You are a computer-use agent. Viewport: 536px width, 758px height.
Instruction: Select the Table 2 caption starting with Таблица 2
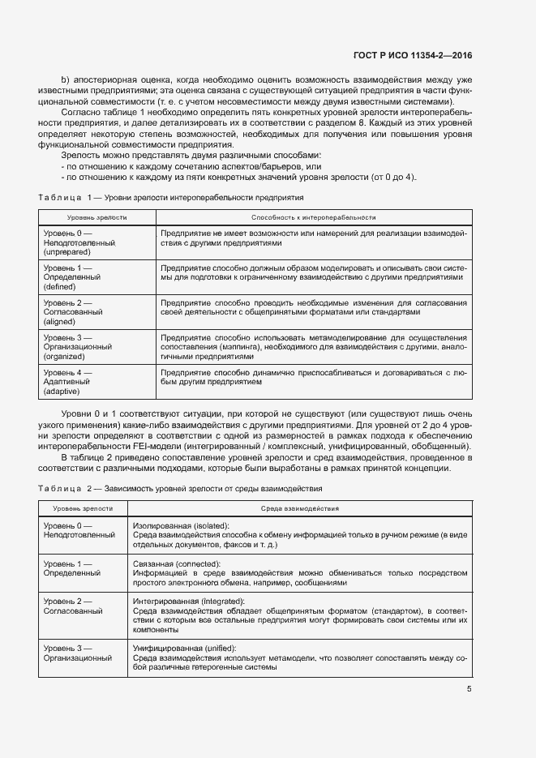(180, 489)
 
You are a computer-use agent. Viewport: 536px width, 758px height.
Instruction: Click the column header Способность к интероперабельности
(313, 217)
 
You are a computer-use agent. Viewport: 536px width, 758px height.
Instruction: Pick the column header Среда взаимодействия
(299, 508)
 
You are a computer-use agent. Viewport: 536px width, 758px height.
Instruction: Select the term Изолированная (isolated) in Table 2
(180, 525)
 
